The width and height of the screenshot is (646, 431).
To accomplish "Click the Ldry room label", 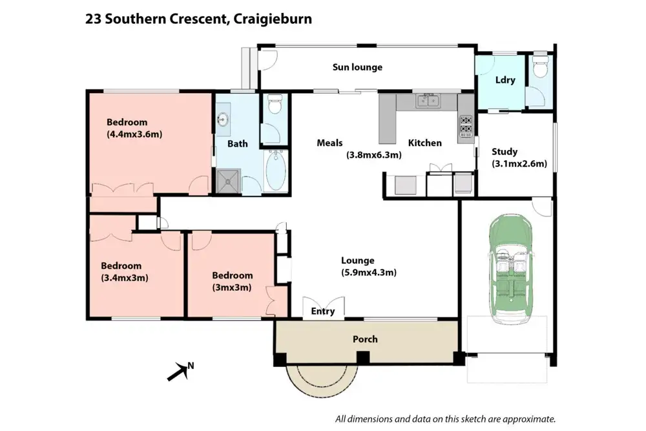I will (x=505, y=80).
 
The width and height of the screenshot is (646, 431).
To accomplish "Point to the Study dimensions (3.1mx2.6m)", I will (x=519, y=163).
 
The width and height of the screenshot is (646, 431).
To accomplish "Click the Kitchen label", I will (x=424, y=143).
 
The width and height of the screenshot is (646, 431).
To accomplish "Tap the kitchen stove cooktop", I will (x=466, y=129).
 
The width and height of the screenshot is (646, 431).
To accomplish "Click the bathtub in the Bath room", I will (x=276, y=171).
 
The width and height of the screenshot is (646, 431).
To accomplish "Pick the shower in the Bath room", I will (x=228, y=181).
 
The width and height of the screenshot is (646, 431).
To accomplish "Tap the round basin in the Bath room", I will (x=223, y=120).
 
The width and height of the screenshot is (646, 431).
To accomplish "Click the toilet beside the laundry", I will (x=540, y=67).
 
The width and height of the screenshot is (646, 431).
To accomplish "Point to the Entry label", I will (x=323, y=311).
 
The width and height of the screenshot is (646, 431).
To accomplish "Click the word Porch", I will (x=365, y=339).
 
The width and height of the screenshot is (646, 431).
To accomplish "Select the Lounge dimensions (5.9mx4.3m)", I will (x=369, y=273).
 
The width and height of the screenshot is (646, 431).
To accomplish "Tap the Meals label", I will (x=329, y=143).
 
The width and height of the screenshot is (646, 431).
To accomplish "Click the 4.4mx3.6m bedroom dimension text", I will (x=134, y=134).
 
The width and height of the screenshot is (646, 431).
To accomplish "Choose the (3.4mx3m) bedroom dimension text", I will (x=125, y=278).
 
